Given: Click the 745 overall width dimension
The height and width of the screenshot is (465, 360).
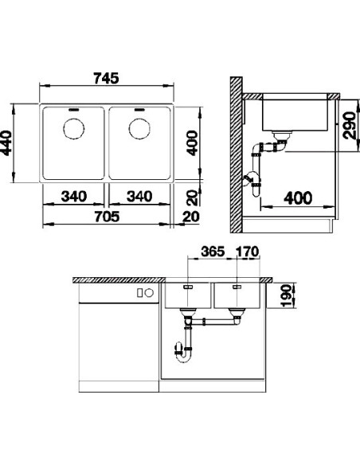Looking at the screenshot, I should [106, 78].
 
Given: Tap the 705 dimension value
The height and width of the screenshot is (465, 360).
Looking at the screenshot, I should [106, 217].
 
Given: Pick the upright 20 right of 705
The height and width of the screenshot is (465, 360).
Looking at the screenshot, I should [190, 217].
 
